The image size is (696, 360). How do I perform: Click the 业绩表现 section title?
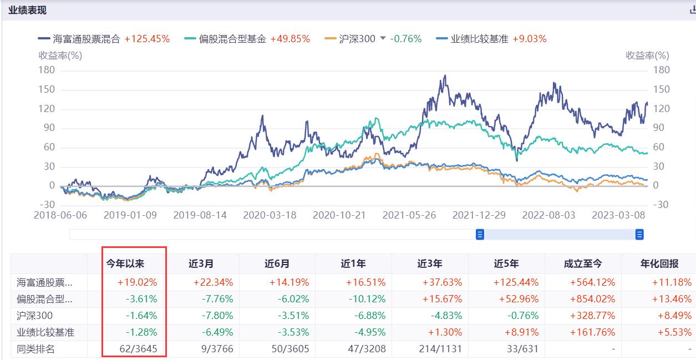tap(27, 10)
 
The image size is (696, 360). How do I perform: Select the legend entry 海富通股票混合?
tap(86, 39)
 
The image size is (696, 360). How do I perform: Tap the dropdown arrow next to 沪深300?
tap(382, 39)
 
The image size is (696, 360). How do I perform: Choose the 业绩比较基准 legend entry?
tap(479, 39)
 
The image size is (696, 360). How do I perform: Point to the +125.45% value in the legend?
tap(147, 39)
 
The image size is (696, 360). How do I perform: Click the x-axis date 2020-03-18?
tap(270, 215)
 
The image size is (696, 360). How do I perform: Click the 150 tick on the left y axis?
tap(47, 89)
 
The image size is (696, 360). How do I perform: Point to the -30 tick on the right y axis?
tap(661, 205)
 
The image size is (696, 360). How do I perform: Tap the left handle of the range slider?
tap(480, 235)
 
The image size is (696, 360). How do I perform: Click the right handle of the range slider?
tap(639, 235)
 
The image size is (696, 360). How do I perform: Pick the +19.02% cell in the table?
tap(137, 282)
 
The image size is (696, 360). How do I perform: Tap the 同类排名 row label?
tap(35, 349)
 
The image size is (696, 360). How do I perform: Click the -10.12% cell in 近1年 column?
tap(367, 299)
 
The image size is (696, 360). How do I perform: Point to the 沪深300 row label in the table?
tap(32, 316)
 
